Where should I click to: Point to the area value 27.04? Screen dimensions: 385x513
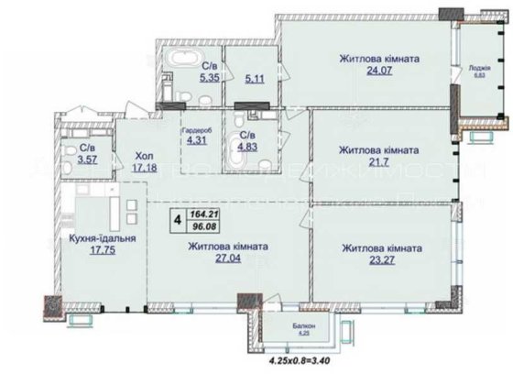tap(228, 260)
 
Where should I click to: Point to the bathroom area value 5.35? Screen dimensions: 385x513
tap(209, 78)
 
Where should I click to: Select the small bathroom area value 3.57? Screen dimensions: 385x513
tap(88, 159)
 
